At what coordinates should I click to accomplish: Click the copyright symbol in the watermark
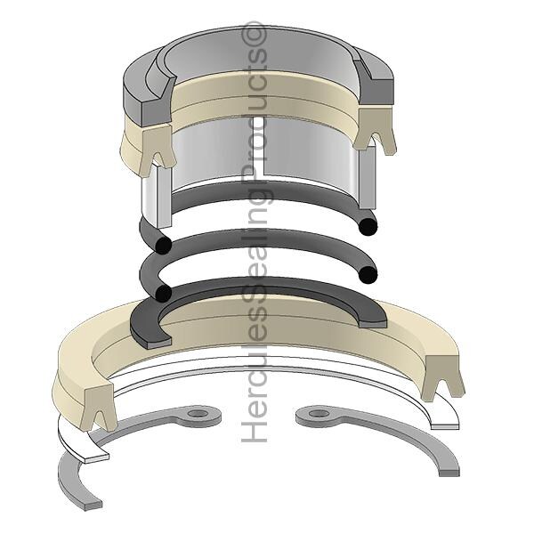[254, 34]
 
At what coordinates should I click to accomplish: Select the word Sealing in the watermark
[254, 239]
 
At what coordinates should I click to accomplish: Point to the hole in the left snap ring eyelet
[198, 414]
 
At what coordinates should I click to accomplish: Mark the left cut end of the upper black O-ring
[164, 245]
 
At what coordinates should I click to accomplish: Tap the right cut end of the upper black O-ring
[368, 226]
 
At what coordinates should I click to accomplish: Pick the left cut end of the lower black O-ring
[163, 293]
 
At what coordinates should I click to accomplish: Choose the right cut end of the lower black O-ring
[368, 275]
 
